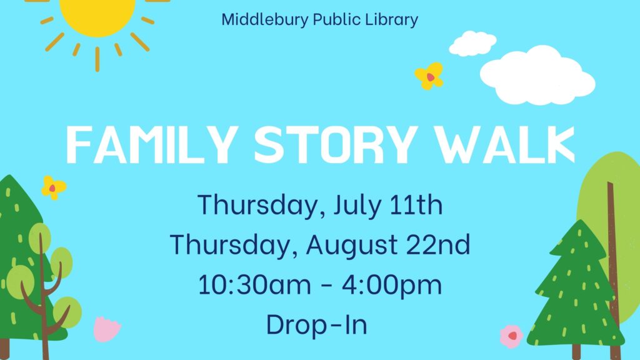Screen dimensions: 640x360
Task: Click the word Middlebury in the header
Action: coord(265,19)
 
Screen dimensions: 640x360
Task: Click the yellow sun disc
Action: coord(97,16)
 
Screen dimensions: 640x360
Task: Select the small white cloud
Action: coord(472,43)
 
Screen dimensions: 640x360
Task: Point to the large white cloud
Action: coord(537,75)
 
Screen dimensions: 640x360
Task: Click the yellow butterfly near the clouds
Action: coord(429,76)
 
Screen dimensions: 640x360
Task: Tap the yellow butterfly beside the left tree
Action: coord(54,187)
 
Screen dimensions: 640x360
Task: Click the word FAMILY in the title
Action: coord(152,144)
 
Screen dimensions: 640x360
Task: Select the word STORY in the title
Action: coord(336,144)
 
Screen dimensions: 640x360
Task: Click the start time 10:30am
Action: coord(254,284)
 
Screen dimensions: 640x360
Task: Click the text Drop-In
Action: coord(317,325)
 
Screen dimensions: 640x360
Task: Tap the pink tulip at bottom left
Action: coord(106,329)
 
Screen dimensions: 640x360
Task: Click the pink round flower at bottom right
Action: coord(511,336)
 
